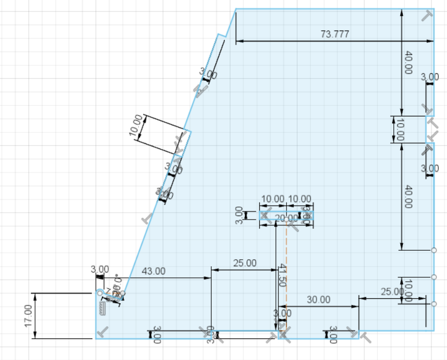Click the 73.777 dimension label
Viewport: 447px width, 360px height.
click(x=335, y=34)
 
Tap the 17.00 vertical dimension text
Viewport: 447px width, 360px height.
click(x=28, y=316)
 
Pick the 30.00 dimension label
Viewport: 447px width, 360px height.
click(x=319, y=299)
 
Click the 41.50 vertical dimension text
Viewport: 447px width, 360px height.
click(x=282, y=275)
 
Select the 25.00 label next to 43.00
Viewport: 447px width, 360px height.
click(x=244, y=263)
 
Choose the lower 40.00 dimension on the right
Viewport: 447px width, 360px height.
click(x=408, y=197)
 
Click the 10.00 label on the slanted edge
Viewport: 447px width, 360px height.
click(x=135, y=125)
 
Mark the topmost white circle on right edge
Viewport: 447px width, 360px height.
click(x=434, y=250)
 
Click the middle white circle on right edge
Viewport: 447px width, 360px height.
click(x=434, y=277)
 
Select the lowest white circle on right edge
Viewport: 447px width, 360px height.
click(x=434, y=303)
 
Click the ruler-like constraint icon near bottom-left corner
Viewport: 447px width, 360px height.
click(x=103, y=309)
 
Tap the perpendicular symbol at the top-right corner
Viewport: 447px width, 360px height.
click(x=427, y=16)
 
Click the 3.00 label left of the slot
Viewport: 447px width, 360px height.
click(x=239, y=215)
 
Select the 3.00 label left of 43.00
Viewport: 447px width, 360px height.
click(x=99, y=269)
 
